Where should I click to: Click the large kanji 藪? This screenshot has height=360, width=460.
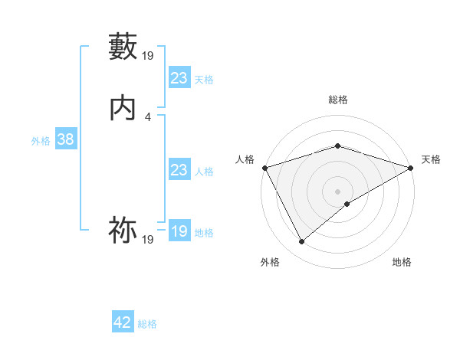point(123,47)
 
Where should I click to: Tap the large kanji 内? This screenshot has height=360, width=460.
point(123,110)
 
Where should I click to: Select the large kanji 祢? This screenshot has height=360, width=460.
point(123,231)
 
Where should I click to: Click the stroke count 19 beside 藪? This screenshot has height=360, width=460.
point(148,55)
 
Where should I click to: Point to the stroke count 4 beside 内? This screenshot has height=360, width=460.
point(147,117)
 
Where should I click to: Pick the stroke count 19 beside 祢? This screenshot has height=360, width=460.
point(148,240)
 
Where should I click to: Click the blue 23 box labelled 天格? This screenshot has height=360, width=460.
point(179,78)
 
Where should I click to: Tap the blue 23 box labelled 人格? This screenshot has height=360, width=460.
point(179,170)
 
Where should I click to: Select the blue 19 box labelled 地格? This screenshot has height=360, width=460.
point(179,231)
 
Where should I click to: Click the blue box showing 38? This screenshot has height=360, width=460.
point(65,139)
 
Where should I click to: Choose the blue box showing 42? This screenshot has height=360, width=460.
point(123,322)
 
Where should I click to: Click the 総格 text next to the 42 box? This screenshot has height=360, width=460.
point(147,324)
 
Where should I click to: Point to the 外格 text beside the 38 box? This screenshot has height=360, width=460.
point(41,141)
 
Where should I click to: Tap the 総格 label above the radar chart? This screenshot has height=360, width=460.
point(337,100)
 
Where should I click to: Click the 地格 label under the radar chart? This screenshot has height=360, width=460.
point(402,262)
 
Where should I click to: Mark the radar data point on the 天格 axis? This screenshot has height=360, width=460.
point(411,168)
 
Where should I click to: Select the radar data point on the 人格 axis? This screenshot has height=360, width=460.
point(264,168)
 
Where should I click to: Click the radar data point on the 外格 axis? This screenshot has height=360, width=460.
point(301,242)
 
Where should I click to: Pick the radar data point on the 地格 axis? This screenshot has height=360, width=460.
point(347,204)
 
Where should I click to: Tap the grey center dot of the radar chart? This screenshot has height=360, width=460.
point(337,191)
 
